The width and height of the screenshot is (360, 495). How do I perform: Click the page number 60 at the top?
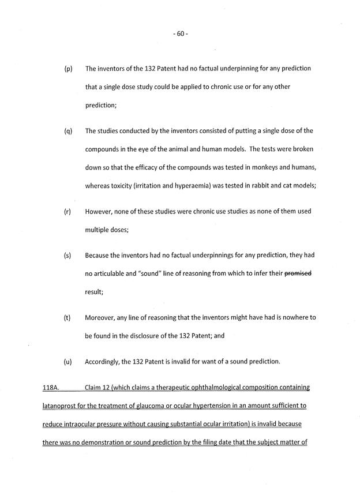pyautogui.click(x=180, y=33)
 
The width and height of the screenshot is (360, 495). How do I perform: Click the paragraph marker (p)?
pyautogui.click(x=67, y=69)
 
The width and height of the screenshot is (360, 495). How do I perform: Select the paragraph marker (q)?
pyautogui.click(x=67, y=131)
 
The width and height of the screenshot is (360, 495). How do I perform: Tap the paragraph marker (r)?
pyautogui.click(x=67, y=211)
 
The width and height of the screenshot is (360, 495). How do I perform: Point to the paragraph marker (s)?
pyautogui.click(x=67, y=255)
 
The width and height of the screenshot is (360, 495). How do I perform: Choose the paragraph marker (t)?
pyautogui.click(x=67, y=317)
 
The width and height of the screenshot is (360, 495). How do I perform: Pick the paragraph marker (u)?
pyautogui.click(x=67, y=362)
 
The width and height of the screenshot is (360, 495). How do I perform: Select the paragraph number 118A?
pyautogui.click(x=52, y=388)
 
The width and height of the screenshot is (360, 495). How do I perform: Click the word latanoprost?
pyautogui.click(x=62, y=406)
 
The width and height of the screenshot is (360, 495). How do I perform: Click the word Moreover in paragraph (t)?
pyautogui.click(x=102, y=317)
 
